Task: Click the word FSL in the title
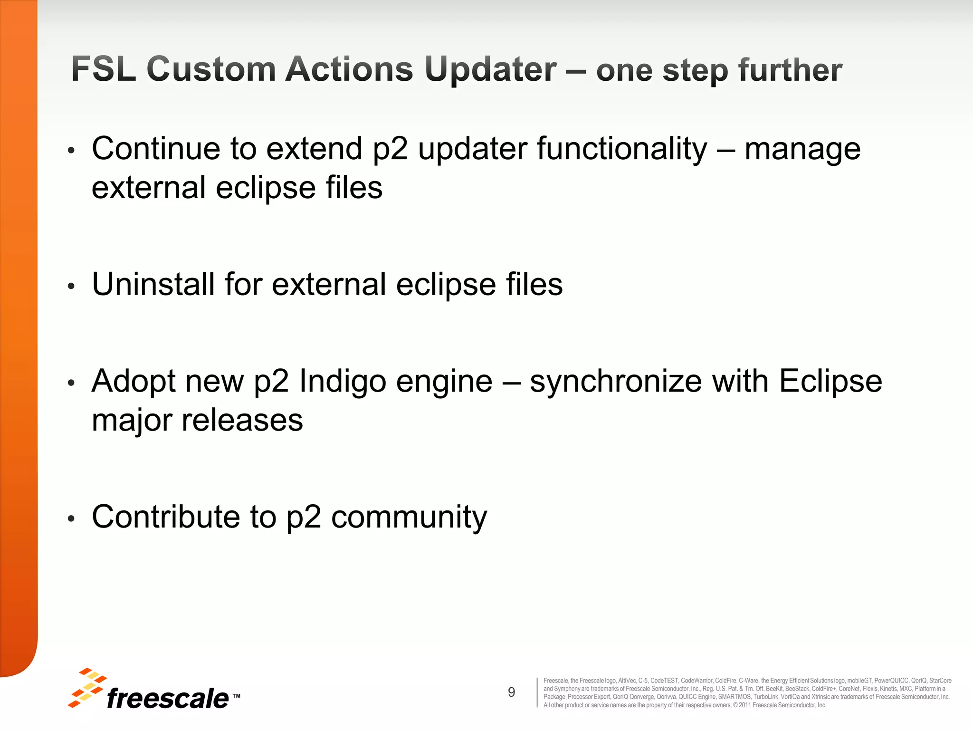coord(104,69)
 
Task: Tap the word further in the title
coord(790,70)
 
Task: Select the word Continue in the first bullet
coord(156,149)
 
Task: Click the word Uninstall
coord(153,284)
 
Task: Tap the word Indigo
coord(343,382)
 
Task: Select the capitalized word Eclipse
coord(830,382)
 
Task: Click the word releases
coord(242,421)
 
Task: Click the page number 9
coord(511,692)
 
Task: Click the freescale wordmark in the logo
coord(168,699)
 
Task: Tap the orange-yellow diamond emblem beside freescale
coord(87,687)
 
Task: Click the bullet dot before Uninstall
coord(71,286)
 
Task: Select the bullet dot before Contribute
coord(71,519)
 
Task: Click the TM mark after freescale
coord(236,696)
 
